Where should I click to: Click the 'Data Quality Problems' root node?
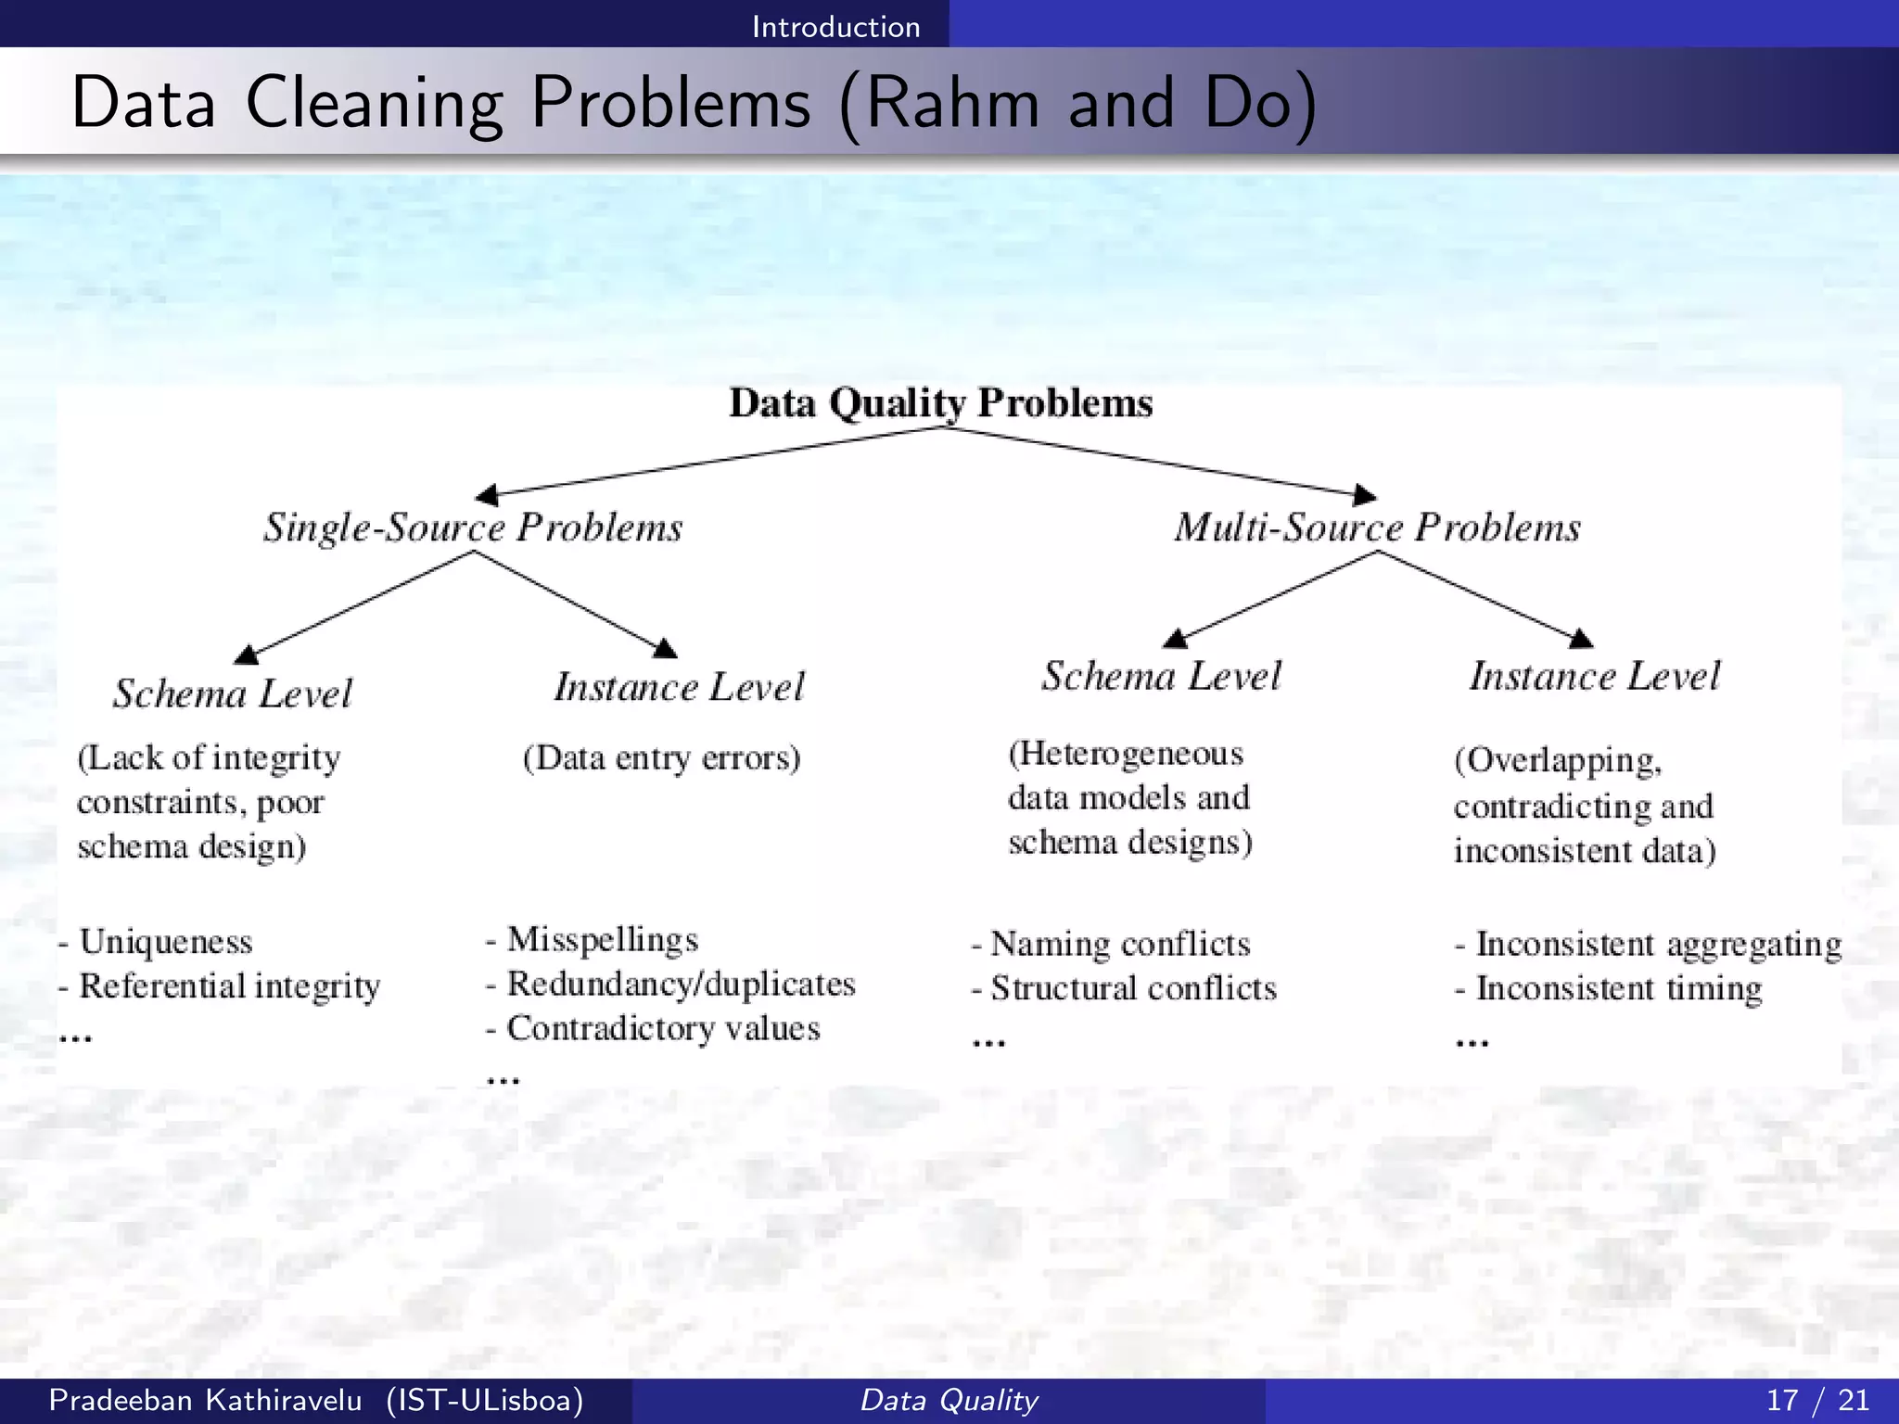(x=940, y=403)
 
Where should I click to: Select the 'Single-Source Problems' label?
(x=473, y=528)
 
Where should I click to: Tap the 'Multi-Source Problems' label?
(x=1377, y=528)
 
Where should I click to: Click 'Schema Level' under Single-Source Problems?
(x=233, y=693)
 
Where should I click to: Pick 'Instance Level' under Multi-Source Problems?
(x=1595, y=676)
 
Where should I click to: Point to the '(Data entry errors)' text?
(x=661, y=758)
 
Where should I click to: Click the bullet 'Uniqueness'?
(x=166, y=942)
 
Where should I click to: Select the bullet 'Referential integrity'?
(x=229, y=986)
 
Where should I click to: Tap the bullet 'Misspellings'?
(x=603, y=940)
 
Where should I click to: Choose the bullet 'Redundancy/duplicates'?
(x=681, y=985)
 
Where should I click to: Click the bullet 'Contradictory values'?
(x=663, y=1029)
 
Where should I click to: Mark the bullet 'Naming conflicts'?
(x=1120, y=945)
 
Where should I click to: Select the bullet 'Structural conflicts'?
(x=1133, y=989)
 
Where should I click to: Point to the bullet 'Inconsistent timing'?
(x=1618, y=989)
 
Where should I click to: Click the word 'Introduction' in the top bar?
(x=835, y=27)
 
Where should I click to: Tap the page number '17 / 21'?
(x=1817, y=1400)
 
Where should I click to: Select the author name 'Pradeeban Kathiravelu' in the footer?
(x=205, y=1400)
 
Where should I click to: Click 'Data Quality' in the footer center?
(x=949, y=1400)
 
